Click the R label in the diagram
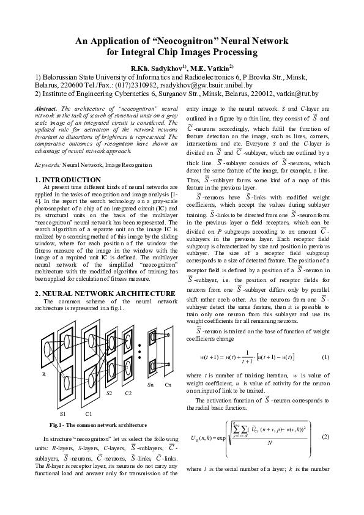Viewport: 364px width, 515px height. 43,373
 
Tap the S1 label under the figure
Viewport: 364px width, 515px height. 64,415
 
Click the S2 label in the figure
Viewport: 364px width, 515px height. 110,393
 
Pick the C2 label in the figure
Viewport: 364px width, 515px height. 128,393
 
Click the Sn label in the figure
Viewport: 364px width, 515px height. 150,385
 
